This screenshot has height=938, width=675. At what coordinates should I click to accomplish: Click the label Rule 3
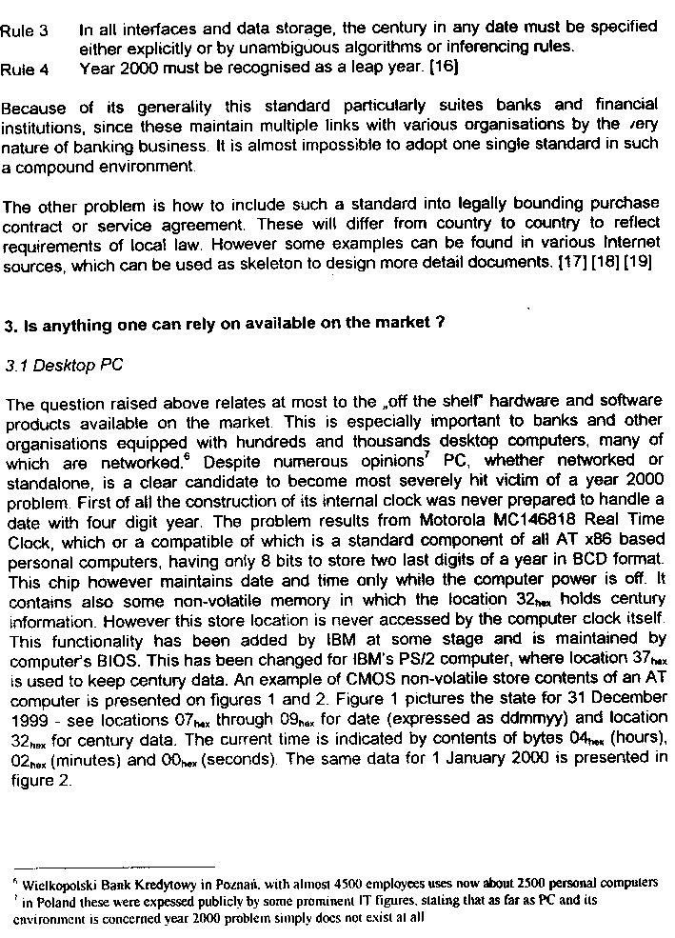pos(24,30)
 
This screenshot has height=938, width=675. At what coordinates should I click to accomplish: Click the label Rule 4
pos(24,70)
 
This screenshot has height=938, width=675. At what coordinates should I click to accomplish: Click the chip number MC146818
pos(532,520)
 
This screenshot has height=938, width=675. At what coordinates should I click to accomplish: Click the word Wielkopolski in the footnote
pos(54,883)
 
